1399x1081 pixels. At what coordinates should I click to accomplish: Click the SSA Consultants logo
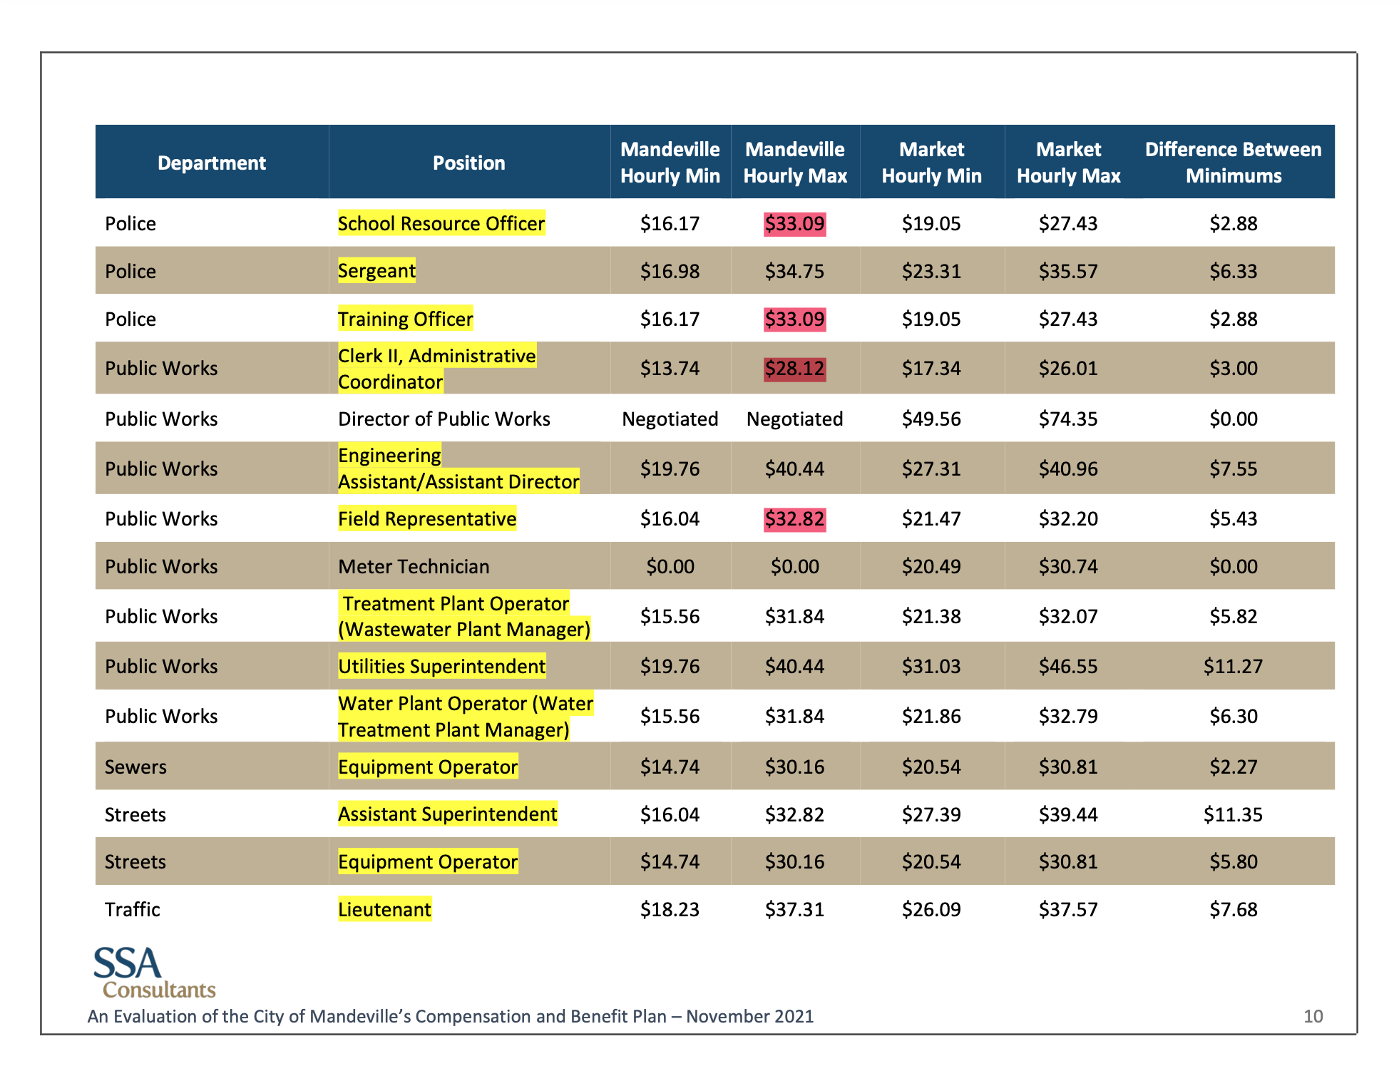[153, 972]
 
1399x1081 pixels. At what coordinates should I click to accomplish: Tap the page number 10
[1313, 1016]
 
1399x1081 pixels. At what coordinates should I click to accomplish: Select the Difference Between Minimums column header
[1233, 163]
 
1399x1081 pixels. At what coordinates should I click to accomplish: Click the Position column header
[468, 163]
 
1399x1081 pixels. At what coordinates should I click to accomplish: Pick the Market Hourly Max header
[1068, 163]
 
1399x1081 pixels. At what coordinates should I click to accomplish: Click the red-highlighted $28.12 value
[794, 369]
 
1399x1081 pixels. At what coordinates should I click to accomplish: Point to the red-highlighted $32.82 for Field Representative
[794, 519]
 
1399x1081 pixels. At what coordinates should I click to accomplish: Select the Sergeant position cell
[376, 271]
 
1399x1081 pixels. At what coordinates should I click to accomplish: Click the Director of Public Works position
[444, 419]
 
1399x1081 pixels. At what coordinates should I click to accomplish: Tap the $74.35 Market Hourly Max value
[1067, 419]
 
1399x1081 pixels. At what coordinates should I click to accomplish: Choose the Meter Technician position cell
[414, 567]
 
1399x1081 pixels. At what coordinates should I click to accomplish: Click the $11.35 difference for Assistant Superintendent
[1233, 814]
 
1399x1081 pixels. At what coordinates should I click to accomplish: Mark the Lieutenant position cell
[384, 910]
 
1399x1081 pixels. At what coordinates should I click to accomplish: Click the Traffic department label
[133, 910]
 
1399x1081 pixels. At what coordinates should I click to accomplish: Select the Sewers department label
[135, 767]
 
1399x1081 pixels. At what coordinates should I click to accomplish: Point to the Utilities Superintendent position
[441, 667]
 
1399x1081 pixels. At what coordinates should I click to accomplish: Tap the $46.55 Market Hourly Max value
[1067, 667]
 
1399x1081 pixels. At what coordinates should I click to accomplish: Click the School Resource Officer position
[441, 224]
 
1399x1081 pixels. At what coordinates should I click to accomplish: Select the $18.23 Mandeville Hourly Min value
[670, 910]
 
